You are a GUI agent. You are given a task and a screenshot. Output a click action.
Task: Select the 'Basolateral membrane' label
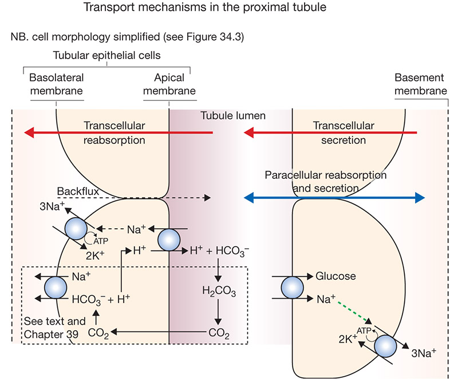point(56,84)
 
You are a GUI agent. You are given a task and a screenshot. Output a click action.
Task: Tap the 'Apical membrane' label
point(169,84)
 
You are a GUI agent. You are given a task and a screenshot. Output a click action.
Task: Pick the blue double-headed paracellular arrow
point(334,198)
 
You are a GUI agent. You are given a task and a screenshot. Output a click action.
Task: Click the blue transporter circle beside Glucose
point(293,287)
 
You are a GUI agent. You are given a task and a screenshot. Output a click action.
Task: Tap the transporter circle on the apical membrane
point(169,240)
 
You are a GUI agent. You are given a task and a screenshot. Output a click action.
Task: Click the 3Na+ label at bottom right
point(423,353)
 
